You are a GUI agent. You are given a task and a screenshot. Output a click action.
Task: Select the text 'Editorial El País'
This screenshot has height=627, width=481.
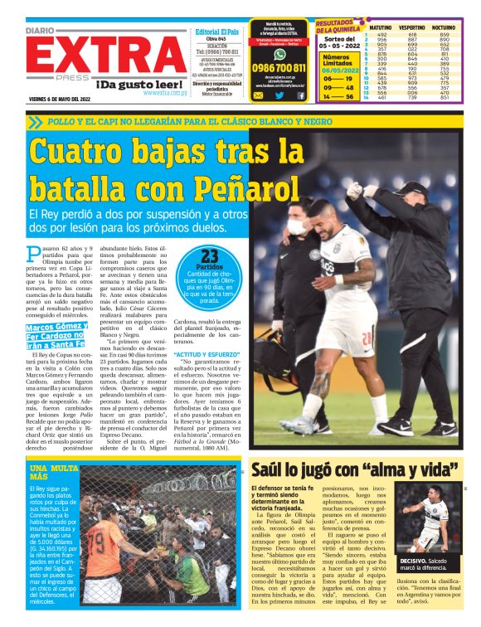point(216,32)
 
